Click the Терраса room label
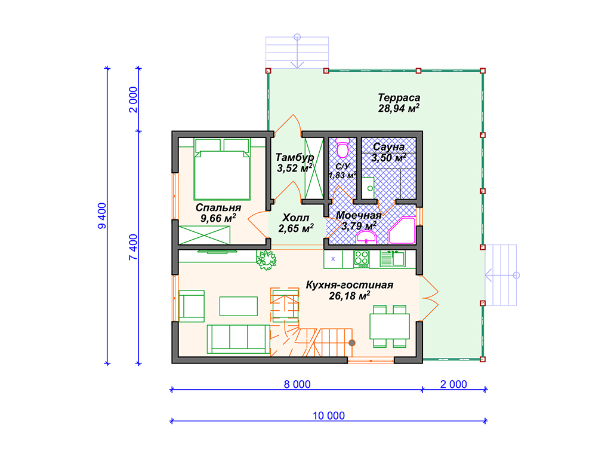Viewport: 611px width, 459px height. coord(399,97)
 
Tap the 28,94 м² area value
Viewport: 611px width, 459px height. coord(399,109)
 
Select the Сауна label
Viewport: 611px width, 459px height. coord(388,147)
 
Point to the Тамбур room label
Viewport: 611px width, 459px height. coord(295,158)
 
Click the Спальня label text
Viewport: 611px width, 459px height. coord(218,207)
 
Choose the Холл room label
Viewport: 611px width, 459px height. coord(296,218)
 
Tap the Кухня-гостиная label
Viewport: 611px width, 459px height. coord(350,285)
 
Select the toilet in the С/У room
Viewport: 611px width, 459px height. coord(342,148)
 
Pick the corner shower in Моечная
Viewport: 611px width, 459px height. coord(402,231)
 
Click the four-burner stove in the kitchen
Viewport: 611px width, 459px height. coord(361,259)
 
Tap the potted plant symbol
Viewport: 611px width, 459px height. coord(266,259)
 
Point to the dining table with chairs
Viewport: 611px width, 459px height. coord(389,326)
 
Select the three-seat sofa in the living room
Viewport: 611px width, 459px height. coord(238,339)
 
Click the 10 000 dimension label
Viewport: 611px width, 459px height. coord(329,416)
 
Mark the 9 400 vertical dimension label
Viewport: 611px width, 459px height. coord(101,216)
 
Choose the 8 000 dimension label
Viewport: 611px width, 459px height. coord(297,384)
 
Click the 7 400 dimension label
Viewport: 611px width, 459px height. coord(133,247)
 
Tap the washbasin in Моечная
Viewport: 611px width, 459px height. coord(366,237)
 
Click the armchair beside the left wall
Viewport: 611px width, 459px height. coord(192,306)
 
